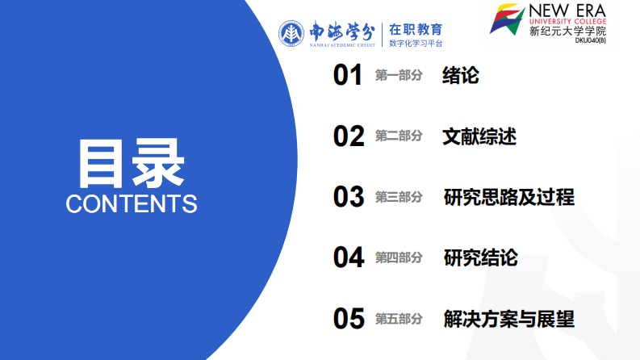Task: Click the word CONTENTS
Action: point(132,203)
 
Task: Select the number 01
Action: point(349,76)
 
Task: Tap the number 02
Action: point(349,136)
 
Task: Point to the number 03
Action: point(349,197)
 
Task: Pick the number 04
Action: point(349,257)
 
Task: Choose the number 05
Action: point(349,319)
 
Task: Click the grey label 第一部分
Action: point(399,76)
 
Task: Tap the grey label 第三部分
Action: point(399,197)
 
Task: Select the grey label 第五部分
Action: point(399,319)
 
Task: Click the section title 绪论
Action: point(461,76)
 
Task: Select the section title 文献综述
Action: point(479,136)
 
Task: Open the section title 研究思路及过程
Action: point(508,197)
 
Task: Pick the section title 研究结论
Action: point(480,257)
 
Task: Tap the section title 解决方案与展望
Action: point(508,319)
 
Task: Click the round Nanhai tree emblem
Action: point(291,33)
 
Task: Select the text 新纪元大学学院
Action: point(567,32)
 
